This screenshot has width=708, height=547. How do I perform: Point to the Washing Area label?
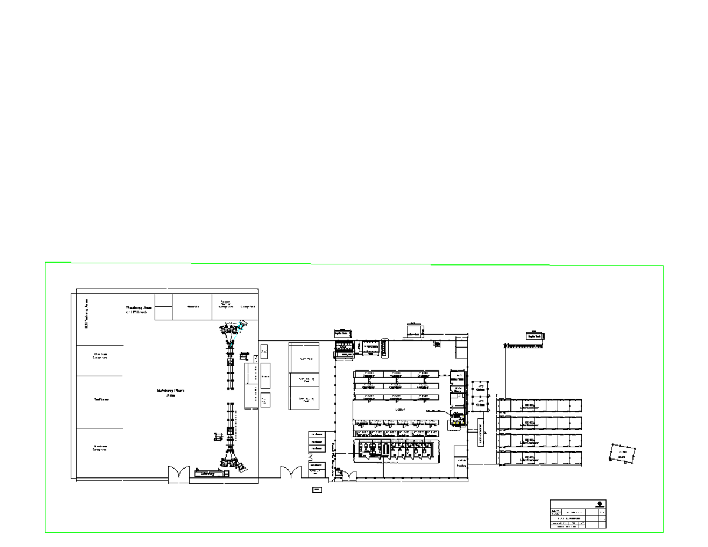coord(139,309)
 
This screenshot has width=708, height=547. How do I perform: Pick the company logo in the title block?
coord(600,504)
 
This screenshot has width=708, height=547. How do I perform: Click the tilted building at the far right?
coord(622,454)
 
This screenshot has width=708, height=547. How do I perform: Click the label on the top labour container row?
coord(529,407)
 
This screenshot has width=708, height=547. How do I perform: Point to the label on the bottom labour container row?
coord(529,458)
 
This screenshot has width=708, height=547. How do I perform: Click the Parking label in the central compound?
coord(461,463)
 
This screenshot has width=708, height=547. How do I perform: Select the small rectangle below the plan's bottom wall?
coord(317,489)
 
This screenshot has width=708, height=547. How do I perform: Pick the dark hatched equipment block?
coord(345,348)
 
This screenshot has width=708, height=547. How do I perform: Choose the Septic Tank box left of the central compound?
coord(341,333)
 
